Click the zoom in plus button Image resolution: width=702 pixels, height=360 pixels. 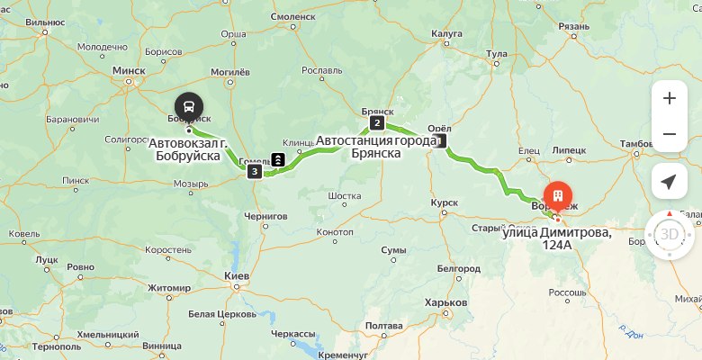pyautogui.click(x=669, y=98)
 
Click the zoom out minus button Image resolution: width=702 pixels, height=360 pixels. pyautogui.click(x=669, y=134)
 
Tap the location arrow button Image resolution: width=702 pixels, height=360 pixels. pyautogui.click(x=669, y=182)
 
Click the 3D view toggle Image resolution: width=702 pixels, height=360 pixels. pyautogui.click(x=669, y=235)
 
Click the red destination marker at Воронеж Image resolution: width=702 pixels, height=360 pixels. pyautogui.click(x=558, y=196)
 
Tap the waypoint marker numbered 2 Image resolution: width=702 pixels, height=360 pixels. pyautogui.click(x=377, y=123)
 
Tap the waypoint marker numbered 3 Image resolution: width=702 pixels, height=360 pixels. pyautogui.click(x=256, y=171)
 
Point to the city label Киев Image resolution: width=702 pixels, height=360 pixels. pyautogui.click(x=236, y=274)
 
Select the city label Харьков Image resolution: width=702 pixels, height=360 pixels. pyautogui.click(x=447, y=302)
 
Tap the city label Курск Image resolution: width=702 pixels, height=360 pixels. pyautogui.click(x=445, y=202)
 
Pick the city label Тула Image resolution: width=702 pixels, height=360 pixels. pyautogui.click(x=497, y=54)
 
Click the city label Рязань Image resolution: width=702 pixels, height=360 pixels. pyautogui.click(x=573, y=26)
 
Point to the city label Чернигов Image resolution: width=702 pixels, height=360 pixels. pyautogui.click(x=265, y=216)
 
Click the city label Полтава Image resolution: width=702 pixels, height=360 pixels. pyautogui.click(x=384, y=325)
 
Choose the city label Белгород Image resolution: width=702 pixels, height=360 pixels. pyautogui.click(x=458, y=268)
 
